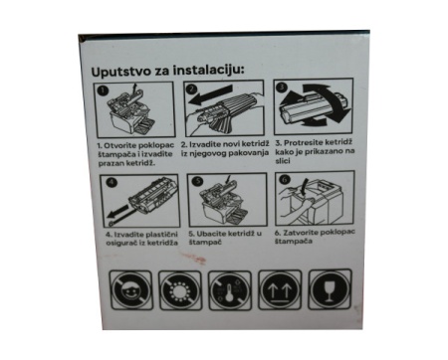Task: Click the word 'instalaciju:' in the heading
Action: click(x=208, y=70)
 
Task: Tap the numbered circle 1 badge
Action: click(x=104, y=90)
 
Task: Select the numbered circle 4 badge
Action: click(x=112, y=182)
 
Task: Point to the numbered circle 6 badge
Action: click(x=285, y=179)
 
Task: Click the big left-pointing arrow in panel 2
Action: click(x=210, y=94)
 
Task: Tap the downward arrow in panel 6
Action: click(x=305, y=188)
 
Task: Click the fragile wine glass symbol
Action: click(x=330, y=289)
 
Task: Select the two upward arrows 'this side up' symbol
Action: click(x=280, y=290)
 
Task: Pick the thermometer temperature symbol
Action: click(x=230, y=290)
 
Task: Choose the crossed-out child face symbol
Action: click(x=130, y=290)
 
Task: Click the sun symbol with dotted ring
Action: click(x=180, y=290)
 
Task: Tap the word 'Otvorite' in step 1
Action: click(x=120, y=146)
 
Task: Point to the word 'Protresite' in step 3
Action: click(x=304, y=143)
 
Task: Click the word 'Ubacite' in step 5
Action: click(x=210, y=234)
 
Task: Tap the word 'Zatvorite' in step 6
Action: click(x=301, y=233)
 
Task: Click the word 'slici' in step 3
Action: click(x=283, y=161)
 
